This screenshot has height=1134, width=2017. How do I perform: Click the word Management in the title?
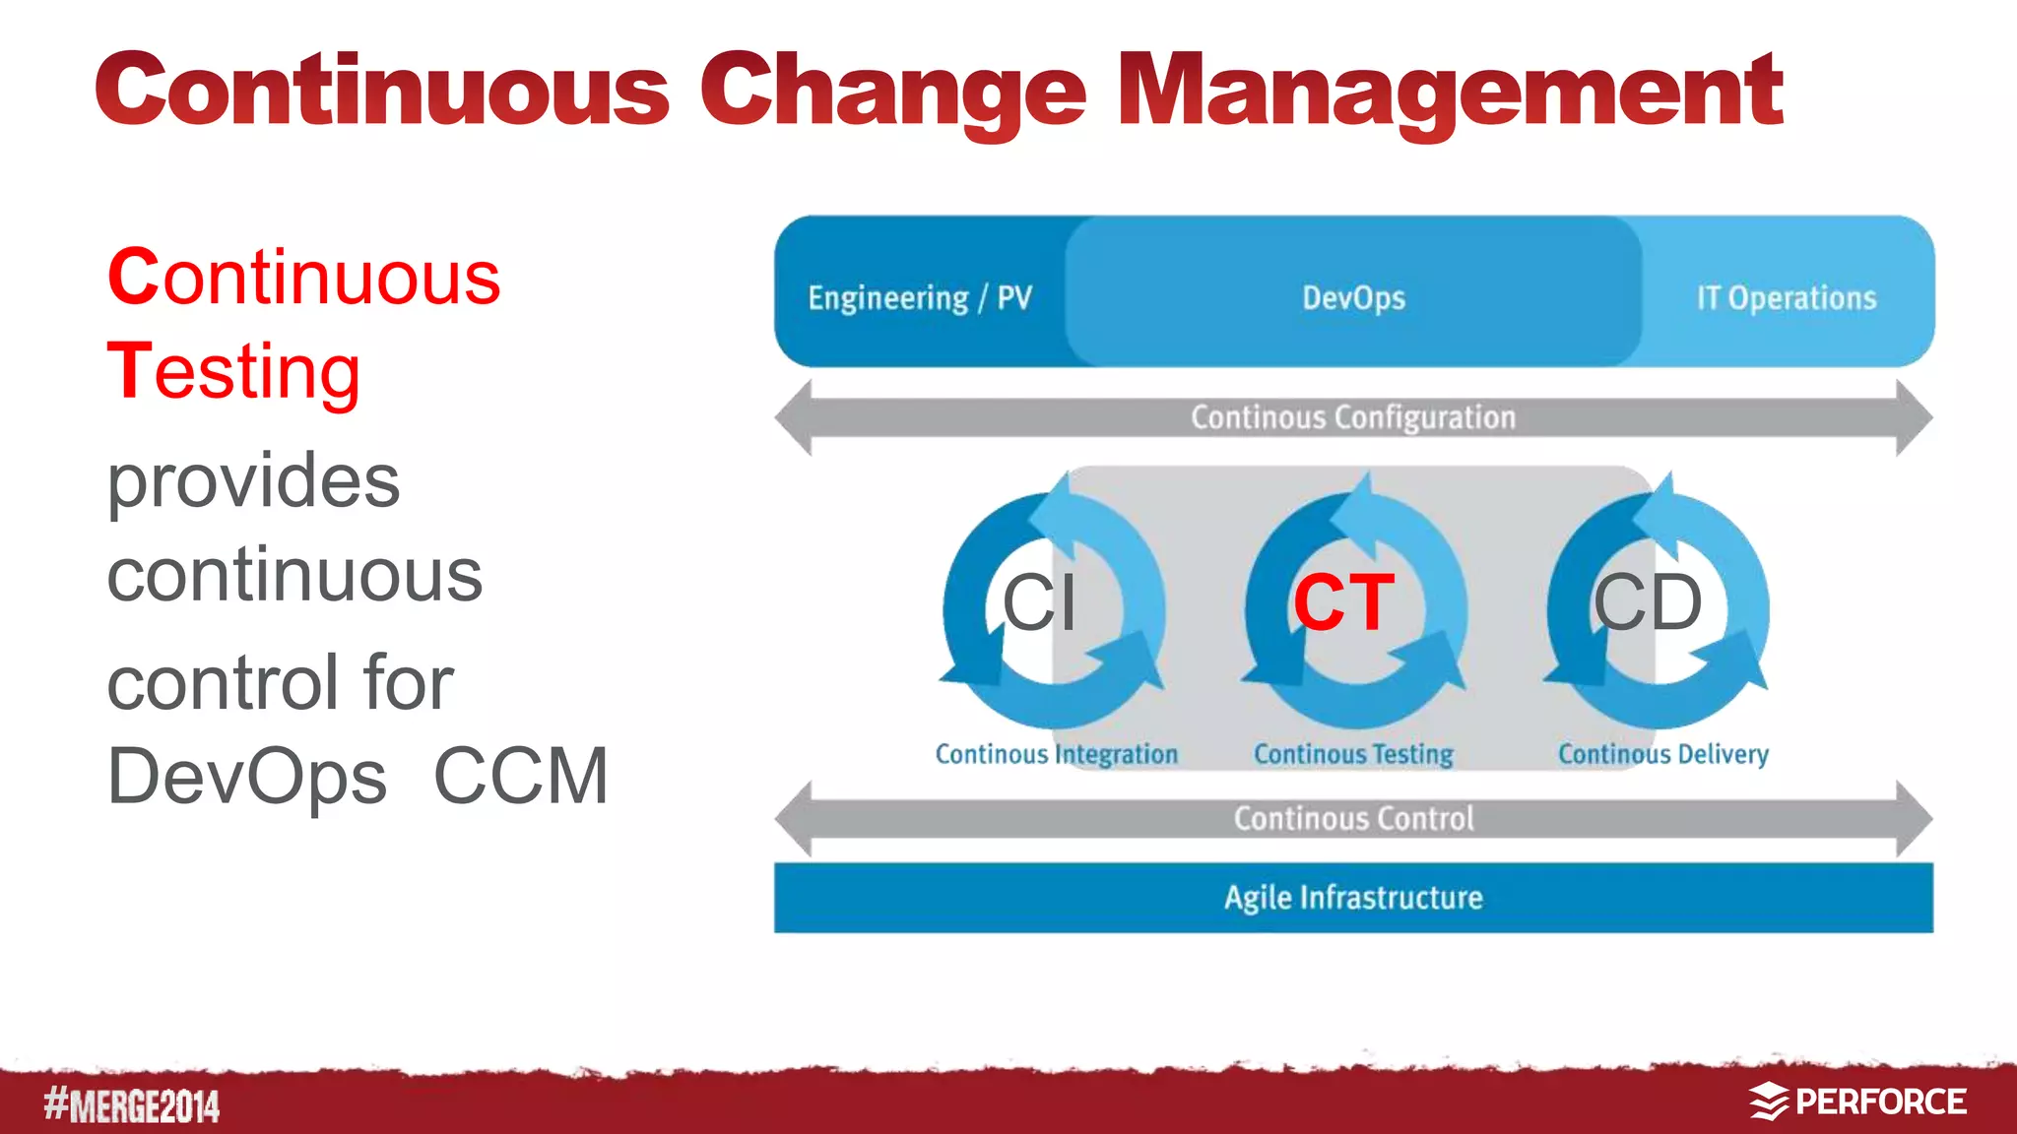(1450, 91)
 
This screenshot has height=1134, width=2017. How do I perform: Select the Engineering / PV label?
(920, 298)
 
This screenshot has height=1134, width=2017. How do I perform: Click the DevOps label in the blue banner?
(1353, 298)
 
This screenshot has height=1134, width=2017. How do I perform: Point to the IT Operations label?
(1786, 298)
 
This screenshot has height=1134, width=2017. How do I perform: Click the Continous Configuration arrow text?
(1353, 417)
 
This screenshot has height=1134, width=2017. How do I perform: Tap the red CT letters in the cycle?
(1343, 602)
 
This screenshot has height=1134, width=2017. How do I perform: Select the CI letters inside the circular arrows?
(1040, 602)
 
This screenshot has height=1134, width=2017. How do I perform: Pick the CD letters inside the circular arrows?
(1648, 602)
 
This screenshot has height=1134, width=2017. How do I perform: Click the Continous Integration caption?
(1056, 754)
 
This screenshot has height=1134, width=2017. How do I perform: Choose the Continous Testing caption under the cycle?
(1353, 754)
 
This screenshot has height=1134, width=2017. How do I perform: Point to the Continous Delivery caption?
(1662, 754)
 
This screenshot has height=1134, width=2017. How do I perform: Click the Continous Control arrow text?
(1353, 818)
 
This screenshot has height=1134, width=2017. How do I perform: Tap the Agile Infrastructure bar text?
(1353, 898)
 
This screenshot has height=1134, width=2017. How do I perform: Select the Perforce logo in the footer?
(1857, 1102)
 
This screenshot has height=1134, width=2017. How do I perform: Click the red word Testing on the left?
(234, 372)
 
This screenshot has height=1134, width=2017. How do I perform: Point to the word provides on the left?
(254, 481)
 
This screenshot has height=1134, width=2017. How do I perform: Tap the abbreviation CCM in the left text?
(521, 777)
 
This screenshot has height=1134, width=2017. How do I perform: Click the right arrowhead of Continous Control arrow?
(1915, 818)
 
